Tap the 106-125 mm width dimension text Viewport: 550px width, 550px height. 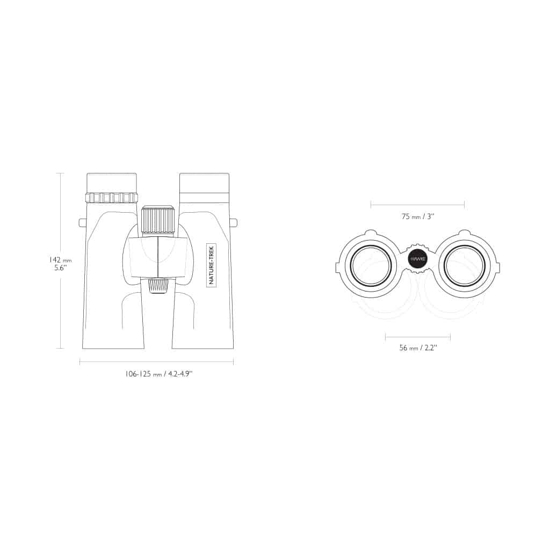coord(159,374)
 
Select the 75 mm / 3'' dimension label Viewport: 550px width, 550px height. coord(418,216)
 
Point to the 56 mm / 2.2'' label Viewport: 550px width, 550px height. coord(418,348)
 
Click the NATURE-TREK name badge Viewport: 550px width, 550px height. coord(211,265)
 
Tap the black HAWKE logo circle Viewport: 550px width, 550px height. coord(417,259)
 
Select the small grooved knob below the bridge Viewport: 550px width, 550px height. coord(157,286)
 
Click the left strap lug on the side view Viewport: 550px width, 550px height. coord(82,223)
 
